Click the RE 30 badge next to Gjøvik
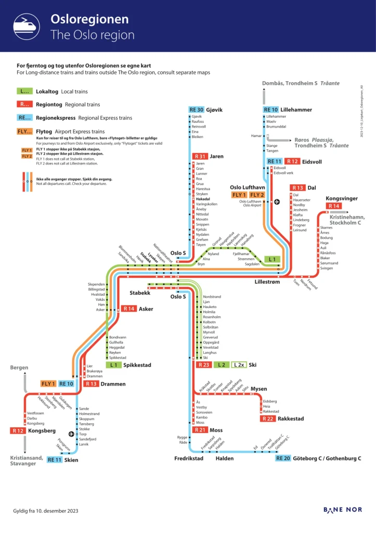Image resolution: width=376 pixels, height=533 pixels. pos(197,110)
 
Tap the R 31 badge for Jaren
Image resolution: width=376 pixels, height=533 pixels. pos(200,156)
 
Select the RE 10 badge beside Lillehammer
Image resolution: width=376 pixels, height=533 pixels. pos(271,110)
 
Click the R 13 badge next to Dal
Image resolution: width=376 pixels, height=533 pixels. pos(297,187)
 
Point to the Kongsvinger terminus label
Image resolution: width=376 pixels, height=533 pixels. pos(342,198)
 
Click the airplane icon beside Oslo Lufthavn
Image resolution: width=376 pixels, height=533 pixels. pos(277,202)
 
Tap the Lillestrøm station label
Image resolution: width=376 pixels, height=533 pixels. pos(267,282)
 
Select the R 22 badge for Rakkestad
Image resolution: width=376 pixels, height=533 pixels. pos(268,418)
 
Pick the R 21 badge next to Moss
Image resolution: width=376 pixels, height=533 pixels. pos(200,430)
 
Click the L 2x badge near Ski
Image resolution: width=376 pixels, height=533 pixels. pos(239,365)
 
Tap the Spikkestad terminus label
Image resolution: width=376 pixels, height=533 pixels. pos(137,365)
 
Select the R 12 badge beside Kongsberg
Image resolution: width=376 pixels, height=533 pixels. pos(18,430)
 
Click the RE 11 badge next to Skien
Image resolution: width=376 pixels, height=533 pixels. pos(55,460)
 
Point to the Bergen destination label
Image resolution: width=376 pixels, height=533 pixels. pos(19,367)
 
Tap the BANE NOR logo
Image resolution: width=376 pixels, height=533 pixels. pos(342,510)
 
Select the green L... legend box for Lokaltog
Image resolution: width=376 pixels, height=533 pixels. pos(24,92)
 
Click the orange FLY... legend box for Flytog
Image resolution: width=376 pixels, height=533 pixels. pos(24,132)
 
